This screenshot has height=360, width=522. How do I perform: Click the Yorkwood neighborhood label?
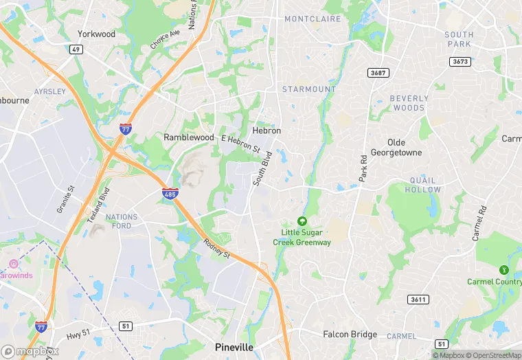[96, 34]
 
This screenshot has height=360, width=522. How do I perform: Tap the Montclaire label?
[313, 19]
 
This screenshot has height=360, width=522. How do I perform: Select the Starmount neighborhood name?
[309, 89]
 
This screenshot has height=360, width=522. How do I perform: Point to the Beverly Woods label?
[409, 103]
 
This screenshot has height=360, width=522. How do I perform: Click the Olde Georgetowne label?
[396, 147]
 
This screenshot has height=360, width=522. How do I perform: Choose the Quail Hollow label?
[423, 185]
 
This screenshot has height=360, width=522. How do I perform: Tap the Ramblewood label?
[189, 137]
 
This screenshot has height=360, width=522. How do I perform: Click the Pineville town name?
[234, 348]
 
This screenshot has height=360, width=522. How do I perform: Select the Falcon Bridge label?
[350, 335]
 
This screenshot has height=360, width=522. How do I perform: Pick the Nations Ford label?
[122, 221]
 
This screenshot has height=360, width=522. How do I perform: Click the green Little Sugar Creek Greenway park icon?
[302, 221]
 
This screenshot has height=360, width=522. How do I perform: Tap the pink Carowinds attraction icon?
[13, 264]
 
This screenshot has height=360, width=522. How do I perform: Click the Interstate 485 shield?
[171, 194]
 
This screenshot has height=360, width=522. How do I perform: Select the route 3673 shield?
[460, 62]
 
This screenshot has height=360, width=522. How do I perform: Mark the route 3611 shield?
[418, 300]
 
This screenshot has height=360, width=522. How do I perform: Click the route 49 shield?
[76, 49]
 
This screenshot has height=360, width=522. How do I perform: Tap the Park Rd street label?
[363, 168]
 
